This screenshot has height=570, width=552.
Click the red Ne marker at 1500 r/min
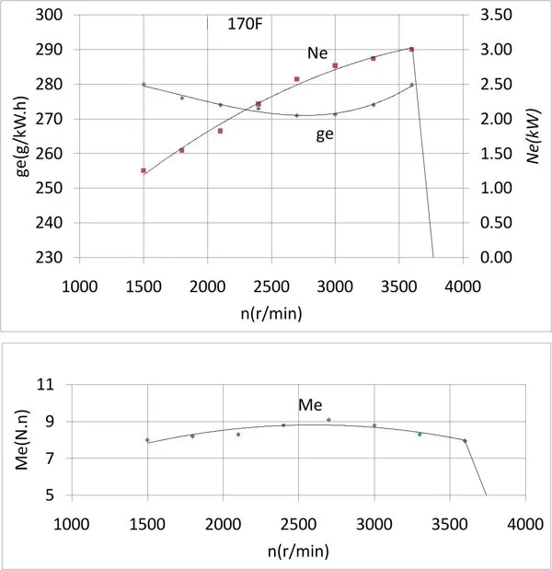[144, 170]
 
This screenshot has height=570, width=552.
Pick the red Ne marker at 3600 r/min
[411, 50]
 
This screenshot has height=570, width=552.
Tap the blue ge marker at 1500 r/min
[144, 85]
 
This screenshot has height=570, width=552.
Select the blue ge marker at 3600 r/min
[412, 85]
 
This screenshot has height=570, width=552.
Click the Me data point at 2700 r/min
[328, 420]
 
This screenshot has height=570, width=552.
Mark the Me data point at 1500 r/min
[147, 440]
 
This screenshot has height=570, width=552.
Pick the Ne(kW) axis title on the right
[534, 136]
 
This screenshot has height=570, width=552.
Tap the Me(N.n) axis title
[20, 440]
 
